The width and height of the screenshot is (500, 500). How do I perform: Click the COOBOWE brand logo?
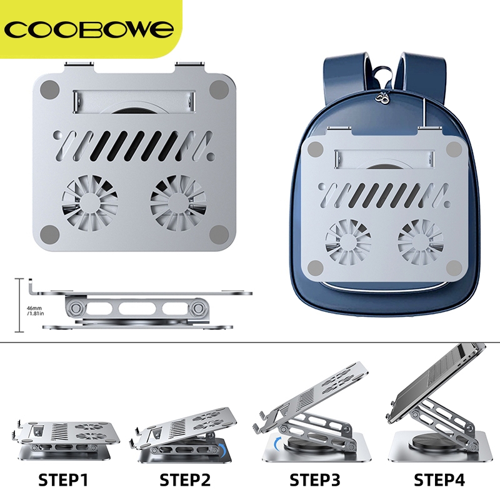[x=89, y=29]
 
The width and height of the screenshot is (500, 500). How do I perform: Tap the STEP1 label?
[x=63, y=480]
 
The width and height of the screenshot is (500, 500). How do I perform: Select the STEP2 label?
[x=185, y=480]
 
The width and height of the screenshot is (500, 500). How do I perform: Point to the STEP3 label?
[x=315, y=480]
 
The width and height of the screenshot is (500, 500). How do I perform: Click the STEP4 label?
[x=439, y=480]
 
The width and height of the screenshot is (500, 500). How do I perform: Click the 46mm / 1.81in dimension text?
[x=35, y=311]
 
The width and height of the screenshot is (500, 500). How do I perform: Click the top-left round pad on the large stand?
[x=50, y=89]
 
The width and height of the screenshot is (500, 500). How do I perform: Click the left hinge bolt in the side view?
[x=76, y=308]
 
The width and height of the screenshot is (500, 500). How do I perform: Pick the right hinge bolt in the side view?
[x=198, y=308]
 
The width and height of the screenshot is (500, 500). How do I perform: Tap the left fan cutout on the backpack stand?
[x=348, y=242]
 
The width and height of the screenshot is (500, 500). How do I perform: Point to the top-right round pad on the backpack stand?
[x=454, y=149]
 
